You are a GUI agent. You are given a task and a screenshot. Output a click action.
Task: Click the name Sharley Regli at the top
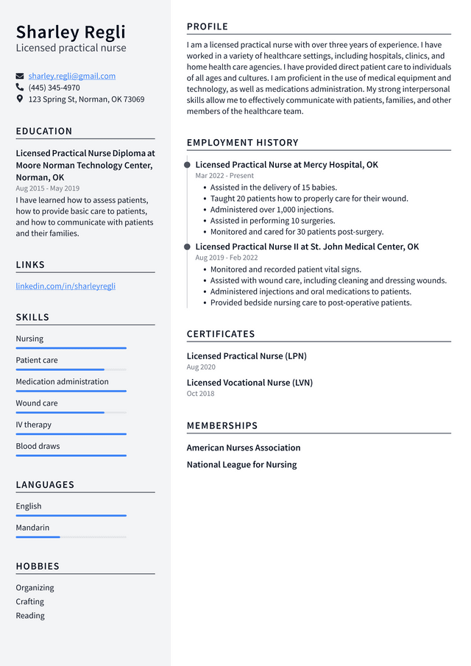click(x=71, y=32)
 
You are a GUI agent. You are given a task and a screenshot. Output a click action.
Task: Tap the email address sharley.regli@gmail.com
click(x=72, y=76)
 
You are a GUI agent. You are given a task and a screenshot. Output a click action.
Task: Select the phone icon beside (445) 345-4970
click(x=20, y=87)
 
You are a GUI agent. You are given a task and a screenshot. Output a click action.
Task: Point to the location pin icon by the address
click(x=20, y=99)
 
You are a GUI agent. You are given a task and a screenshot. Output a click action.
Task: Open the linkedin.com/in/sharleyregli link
click(x=65, y=286)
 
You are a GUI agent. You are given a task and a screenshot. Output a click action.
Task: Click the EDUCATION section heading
click(x=44, y=131)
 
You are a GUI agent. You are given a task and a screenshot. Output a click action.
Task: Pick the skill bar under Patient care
click(x=71, y=369)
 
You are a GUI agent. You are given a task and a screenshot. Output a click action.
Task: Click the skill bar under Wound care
click(x=71, y=412)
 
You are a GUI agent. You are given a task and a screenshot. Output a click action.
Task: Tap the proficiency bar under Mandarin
click(x=71, y=537)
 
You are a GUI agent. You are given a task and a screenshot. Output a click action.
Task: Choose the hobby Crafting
click(x=30, y=601)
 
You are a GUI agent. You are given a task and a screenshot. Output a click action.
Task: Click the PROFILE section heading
click(x=208, y=27)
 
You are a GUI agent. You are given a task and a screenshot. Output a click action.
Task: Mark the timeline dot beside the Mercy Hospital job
click(x=188, y=165)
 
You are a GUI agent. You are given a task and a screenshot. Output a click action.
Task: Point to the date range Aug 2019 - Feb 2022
click(x=227, y=258)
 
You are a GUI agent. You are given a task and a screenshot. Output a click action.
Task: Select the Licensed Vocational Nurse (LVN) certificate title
click(x=249, y=383)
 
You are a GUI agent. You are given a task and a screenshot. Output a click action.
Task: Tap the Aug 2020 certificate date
click(x=201, y=366)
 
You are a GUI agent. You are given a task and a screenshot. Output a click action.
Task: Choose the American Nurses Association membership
click(x=244, y=447)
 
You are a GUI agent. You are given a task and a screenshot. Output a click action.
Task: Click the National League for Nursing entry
click(x=241, y=464)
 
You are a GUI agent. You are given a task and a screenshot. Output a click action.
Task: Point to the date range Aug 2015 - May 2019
click(x=48, y=188)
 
